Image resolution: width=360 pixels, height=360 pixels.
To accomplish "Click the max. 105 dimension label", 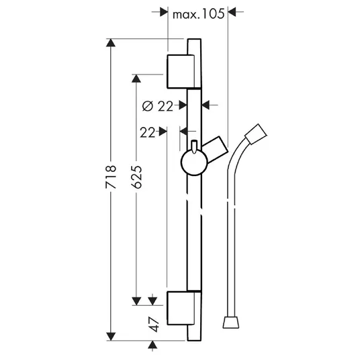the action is click(x=198, y=14).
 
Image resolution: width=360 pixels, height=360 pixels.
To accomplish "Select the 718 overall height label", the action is click(x=111, y=177).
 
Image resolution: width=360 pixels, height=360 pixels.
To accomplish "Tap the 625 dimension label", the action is click(x=136, y=177).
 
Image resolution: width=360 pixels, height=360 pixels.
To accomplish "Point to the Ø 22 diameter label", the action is click(x=157, y=106).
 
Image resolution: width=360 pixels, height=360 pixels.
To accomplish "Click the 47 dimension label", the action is click(x=154, y=324).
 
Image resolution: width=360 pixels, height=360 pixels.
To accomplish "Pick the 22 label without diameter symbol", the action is click(x=148, y=132).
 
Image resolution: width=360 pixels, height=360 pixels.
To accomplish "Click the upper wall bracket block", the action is click(x=181, y=71).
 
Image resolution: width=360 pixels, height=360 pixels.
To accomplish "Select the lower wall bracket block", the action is click(x=181, y=308).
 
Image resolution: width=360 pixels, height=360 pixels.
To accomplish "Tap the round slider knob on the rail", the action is click(x=194, y=163).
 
